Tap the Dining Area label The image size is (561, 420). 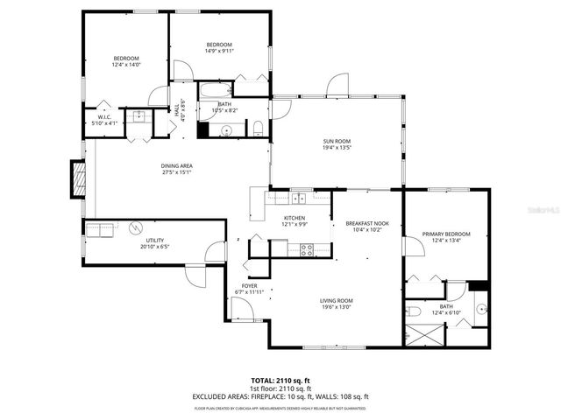tap(177, 165)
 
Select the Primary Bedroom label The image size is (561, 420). tap(446, 234)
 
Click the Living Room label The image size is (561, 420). tap(337, 300)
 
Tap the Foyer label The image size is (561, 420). tap(250, 285)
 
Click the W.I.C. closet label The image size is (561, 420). tap(103, 118)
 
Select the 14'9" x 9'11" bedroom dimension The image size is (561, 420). tap(219, 52)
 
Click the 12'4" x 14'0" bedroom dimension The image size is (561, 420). tap(126, 65)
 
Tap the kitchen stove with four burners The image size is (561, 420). tap(308, 248)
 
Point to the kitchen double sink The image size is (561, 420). tap(299, 197)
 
